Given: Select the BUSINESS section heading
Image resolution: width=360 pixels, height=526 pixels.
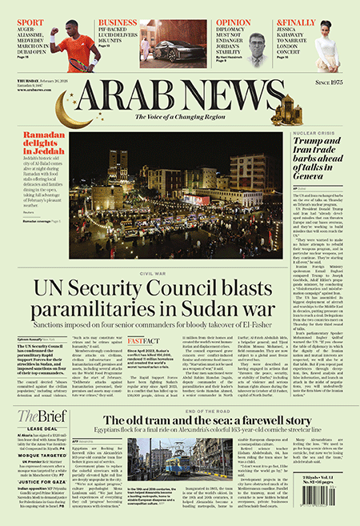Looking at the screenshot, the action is tap(118, 22).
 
